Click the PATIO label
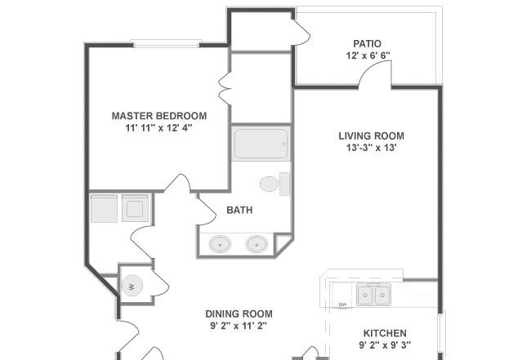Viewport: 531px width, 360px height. (367, 43)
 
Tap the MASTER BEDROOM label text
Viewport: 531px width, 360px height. (159, 116)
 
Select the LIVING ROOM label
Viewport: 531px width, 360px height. (371, 136)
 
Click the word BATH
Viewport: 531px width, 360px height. (239, 210)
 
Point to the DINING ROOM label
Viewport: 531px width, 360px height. (239, 314)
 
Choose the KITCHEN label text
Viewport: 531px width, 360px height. (385, 333)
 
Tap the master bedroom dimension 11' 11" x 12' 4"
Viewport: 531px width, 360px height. (158, 128)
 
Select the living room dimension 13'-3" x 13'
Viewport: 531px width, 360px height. (371, 148)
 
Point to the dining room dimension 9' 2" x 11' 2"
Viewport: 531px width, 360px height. (239, 327)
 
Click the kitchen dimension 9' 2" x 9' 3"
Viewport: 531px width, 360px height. (385, 345)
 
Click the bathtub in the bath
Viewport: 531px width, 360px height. (261, 144)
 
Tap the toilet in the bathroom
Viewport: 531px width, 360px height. (274, 184)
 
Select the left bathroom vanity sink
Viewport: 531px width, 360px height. (220, 244)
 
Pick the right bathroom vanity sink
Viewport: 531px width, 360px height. (257, 244)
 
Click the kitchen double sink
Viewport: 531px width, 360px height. (373, 295)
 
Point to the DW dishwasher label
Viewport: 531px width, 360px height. (343, 304)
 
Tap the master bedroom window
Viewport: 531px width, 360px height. (167, 43)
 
